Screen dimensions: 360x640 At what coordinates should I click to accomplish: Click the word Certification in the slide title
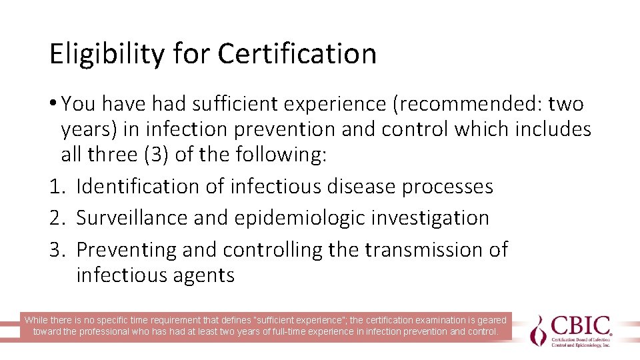click(297, 54)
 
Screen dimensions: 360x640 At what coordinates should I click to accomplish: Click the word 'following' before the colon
click(279, 155)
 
